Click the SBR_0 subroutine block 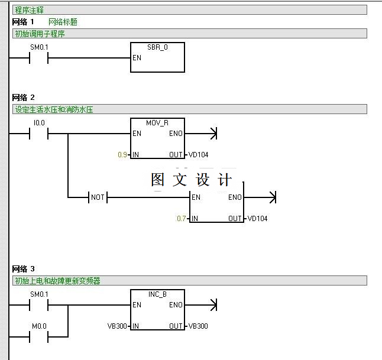(157, 58)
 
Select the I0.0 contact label (39, 122)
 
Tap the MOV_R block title (157, 122)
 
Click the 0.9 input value (122, 155)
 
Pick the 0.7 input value (182, 219)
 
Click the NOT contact (97, 197)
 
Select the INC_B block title (157, 294)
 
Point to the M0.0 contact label (39, 326)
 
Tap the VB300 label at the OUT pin (198, 326)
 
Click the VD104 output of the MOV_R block (199, 155)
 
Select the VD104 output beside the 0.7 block (258, 219)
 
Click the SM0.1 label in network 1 (39, 47)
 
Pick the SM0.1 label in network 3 (39, 294)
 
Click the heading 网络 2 (24, 98)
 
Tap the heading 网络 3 (24, 269)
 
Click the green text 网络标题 (63, 22)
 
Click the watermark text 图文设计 (192, 180)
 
